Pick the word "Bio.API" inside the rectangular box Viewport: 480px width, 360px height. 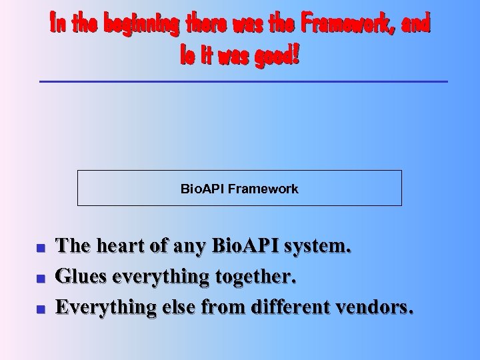pyautogui.click(x=203, y=189)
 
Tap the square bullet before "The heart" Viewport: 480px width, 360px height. pyautogui.click(x=41, y=248)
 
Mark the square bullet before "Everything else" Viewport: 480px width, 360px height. pyautogui.click(x=41, y=309)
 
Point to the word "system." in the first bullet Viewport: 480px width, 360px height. pyautogui.click(x=317, y=247)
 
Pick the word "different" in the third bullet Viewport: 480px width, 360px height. pyautogui.click(x=292, y=307)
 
